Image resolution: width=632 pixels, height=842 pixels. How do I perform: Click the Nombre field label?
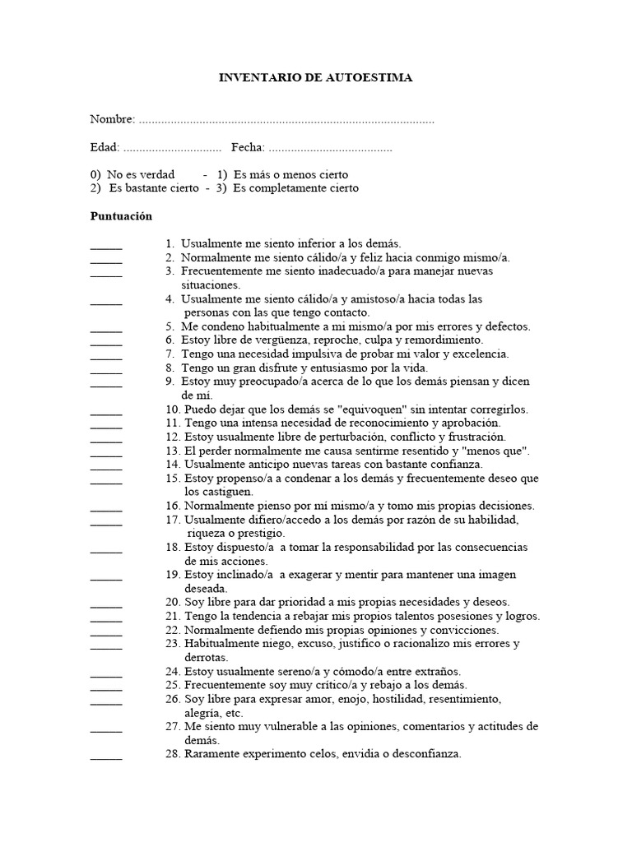point(113,120)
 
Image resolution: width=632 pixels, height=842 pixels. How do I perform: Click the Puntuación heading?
point(121,215)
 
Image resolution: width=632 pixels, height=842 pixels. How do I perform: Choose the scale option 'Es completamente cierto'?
point(296,188)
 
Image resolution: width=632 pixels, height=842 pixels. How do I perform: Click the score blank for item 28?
point(105,757)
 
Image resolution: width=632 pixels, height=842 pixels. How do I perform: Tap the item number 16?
point(172,506)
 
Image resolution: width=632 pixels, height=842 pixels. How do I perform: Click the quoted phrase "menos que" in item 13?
point(497,451)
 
